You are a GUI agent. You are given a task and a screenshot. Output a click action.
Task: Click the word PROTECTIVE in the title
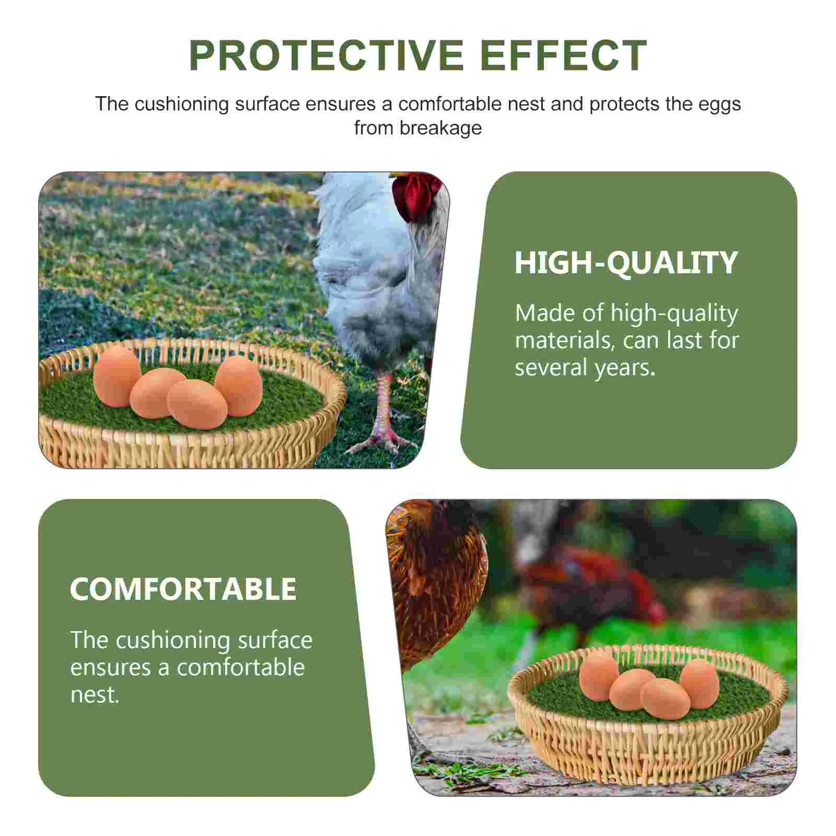coord(327,55)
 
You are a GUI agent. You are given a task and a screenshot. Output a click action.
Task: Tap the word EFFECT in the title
coord(564,55)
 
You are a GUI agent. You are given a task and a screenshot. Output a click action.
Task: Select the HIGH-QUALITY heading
coord(626,262)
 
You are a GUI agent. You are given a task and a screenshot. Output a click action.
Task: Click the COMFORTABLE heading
coord(183,589)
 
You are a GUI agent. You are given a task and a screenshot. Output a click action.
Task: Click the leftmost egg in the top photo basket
coord(117,376)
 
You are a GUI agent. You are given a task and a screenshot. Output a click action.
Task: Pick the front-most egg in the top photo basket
coord(197,404)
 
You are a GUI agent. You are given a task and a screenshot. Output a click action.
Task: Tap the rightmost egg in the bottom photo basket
coord(699,683)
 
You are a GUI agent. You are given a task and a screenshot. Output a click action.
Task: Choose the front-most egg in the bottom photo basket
coord(665,699)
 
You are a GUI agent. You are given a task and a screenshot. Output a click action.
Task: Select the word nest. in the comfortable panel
coord(95,695)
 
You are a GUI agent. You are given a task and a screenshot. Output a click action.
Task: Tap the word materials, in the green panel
coord(565,341)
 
